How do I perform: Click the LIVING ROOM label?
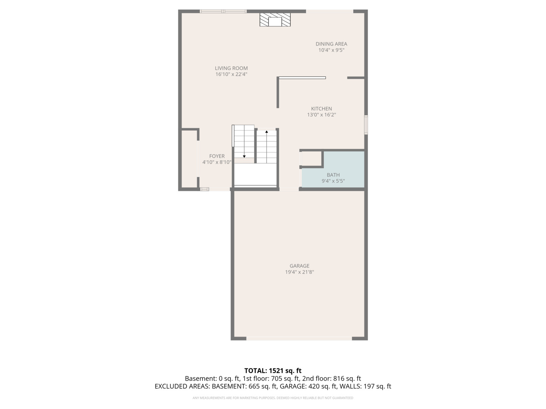231,68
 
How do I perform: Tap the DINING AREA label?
331,44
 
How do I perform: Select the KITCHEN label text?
322,109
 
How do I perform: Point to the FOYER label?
217,156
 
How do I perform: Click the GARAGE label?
300,266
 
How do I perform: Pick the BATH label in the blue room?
333,175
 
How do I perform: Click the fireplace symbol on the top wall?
275,20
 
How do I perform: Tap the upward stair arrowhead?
267,132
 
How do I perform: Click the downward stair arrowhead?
244,156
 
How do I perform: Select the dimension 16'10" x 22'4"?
231,74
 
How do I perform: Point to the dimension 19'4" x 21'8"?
300,272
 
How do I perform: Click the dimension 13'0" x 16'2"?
322,115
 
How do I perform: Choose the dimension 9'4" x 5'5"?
333,181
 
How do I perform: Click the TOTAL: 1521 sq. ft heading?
273,370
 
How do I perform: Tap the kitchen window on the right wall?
366,125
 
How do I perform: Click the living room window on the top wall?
223,11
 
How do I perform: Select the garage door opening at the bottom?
299,339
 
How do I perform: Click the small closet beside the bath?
312,159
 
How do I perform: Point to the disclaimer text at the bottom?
273,398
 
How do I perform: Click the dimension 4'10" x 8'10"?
217,162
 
